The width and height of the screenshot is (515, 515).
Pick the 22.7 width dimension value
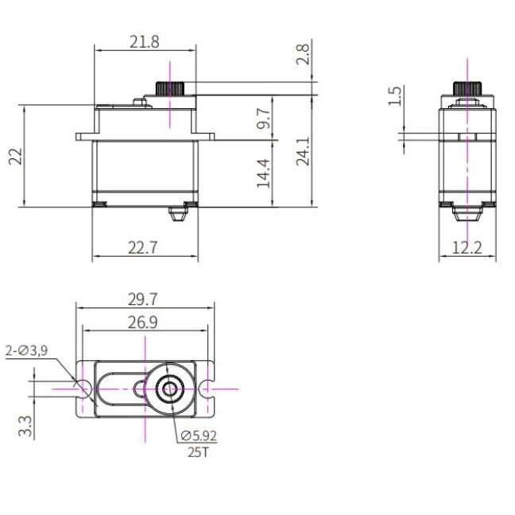[x=143, y=247]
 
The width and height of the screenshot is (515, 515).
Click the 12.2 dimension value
[x=467, y=247]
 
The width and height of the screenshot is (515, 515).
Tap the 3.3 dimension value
[x=26, y=427]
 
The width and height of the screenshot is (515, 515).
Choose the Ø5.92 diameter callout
[x=199, y=436]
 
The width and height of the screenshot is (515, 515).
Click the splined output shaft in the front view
[x=170, y=87]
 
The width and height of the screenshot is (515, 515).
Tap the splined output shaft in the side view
[x=466, y=87]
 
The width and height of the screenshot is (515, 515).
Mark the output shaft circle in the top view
[x=169, y=389]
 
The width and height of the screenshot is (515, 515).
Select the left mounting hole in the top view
[x=83, y=388]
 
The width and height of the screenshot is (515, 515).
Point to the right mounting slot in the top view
[x=208, y=389]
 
